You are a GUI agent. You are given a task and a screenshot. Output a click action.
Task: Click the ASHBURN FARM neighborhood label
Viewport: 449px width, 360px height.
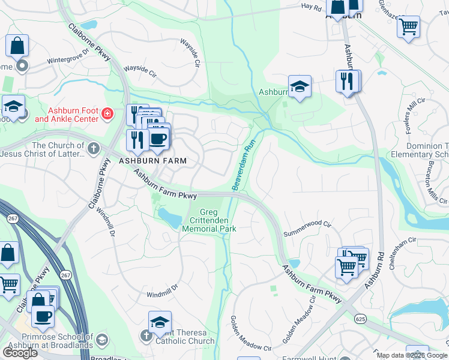coord(152,161)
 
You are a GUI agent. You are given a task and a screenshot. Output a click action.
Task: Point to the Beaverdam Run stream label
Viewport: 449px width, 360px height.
coord(244,166)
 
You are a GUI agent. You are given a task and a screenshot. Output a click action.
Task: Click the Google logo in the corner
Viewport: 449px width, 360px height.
coord(20,352)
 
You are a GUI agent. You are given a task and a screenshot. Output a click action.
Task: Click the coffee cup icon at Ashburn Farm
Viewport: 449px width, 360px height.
coord(158,139)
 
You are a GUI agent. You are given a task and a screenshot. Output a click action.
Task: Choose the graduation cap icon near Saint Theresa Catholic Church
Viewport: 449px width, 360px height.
coord(160,323)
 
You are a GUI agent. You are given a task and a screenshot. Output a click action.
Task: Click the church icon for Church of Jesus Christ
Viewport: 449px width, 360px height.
coord(93,148)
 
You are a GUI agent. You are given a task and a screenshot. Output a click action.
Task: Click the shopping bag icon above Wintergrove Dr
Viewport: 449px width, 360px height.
coord(18,46)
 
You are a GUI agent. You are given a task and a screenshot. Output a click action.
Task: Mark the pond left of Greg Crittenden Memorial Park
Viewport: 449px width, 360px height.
coord(170,218)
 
